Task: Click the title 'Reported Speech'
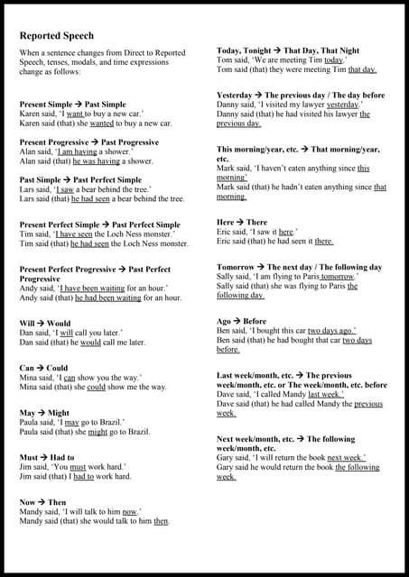(x=58, y=36)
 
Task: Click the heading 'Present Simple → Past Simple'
(x=73, y=105)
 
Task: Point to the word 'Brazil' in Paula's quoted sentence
(x=134, y=422)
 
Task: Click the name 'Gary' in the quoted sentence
(x=226, y=457)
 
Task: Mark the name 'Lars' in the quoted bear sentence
(x=28, y=189)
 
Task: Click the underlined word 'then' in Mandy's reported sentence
(x=162, y=521)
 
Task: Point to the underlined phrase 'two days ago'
(x=331, y=330)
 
